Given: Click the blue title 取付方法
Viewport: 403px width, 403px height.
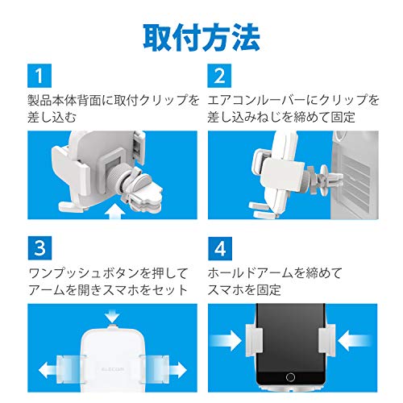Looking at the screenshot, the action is [x=201, y=38].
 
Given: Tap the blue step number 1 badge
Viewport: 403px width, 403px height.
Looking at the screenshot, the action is [x=39, y=76].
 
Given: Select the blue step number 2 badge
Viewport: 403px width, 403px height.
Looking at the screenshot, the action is [x=219, y=76].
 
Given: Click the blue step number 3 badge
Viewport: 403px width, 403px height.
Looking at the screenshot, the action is [x=39, y=248].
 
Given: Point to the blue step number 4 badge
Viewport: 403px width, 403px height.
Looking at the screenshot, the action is [x=220, y=248].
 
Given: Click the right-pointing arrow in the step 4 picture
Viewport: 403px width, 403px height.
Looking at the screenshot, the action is [x=227, y=340].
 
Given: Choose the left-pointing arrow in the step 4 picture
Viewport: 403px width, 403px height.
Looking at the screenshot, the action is [x=354, y=340].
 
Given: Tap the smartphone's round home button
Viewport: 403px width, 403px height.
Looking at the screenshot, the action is [x=290, y=377].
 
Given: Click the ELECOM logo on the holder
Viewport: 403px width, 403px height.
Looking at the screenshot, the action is [x=113, y=369].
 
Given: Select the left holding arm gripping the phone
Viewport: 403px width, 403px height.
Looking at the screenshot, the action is [x=254, y=340].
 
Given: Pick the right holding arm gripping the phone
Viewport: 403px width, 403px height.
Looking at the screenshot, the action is [x=326, y=339].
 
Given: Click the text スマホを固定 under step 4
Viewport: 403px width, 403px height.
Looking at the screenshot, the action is [x=244, y=290].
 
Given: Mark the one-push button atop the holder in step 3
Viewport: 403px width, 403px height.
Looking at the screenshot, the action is [x=112, y=326].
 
